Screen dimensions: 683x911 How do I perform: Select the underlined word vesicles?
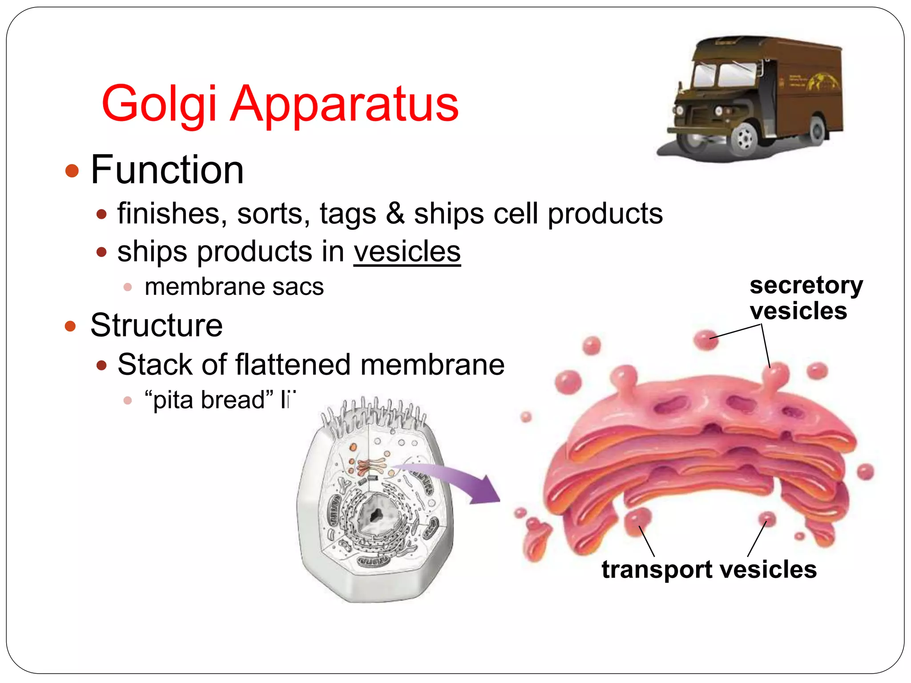point(407,252)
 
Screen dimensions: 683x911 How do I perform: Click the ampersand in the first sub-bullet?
point(395,213)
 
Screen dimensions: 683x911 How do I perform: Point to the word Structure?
point(156,325)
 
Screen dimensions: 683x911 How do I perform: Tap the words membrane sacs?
point(234,287)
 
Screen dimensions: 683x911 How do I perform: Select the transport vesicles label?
point(709,569)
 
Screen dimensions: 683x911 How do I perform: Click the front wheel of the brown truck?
point(744,138)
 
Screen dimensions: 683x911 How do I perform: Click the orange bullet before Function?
point(72,171)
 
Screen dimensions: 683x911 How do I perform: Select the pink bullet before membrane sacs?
point(128,287)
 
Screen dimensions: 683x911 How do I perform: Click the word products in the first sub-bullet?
point(605,213)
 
